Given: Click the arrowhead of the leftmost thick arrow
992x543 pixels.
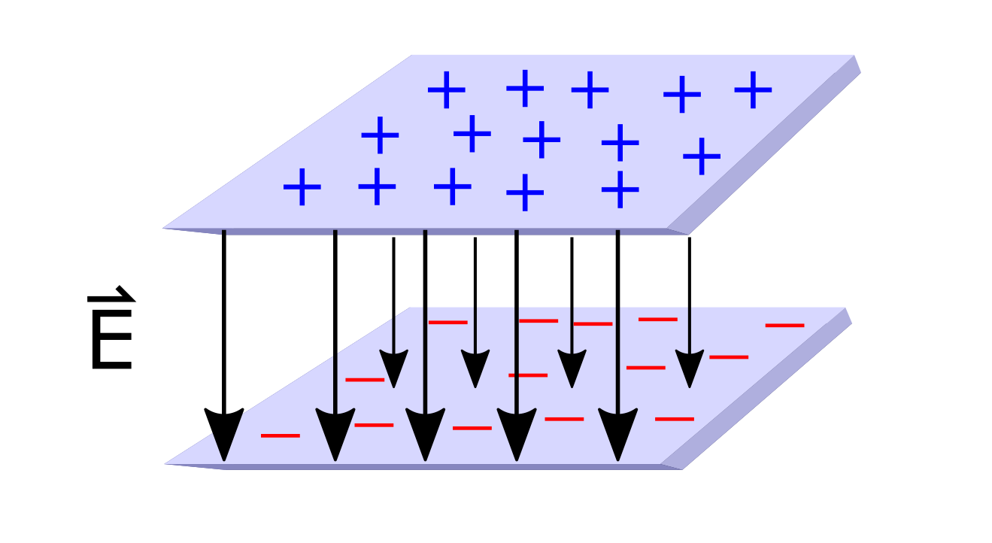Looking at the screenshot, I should (223, 432).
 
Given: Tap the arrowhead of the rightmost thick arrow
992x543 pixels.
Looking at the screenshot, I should (618, 432).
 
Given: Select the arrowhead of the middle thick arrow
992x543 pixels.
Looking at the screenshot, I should (426, 432).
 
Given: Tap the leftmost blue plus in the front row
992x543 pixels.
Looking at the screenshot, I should (302, 187).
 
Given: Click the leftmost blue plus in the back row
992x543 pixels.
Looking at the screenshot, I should (447, 90).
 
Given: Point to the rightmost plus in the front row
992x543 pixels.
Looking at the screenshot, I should (620, 189).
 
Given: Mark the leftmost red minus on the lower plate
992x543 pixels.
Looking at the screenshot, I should (280, 435).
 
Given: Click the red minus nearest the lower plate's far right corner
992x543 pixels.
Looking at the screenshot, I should (784, 325).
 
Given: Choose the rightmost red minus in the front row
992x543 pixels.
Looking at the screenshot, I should (674, 418).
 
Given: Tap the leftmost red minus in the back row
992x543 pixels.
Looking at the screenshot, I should (447, 322).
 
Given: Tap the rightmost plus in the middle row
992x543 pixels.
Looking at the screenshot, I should (702, 156).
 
